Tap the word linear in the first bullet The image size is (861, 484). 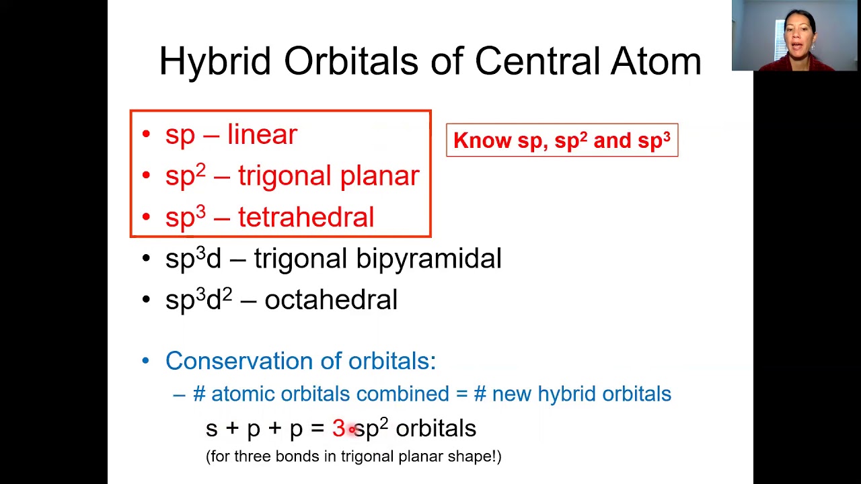click(x=262, y=134)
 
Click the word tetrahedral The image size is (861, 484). click(x=305, y=217)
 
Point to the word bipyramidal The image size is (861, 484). click(x=428, y=259)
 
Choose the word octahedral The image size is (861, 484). click(x=330, y=300)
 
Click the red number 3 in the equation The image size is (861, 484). click(x=338, y=428)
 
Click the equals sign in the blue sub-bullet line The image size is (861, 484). click(x=461, y=394)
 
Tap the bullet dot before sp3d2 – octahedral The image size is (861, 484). click(x=146, y=300)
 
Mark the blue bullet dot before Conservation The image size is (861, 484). click(x=146, y=361)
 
